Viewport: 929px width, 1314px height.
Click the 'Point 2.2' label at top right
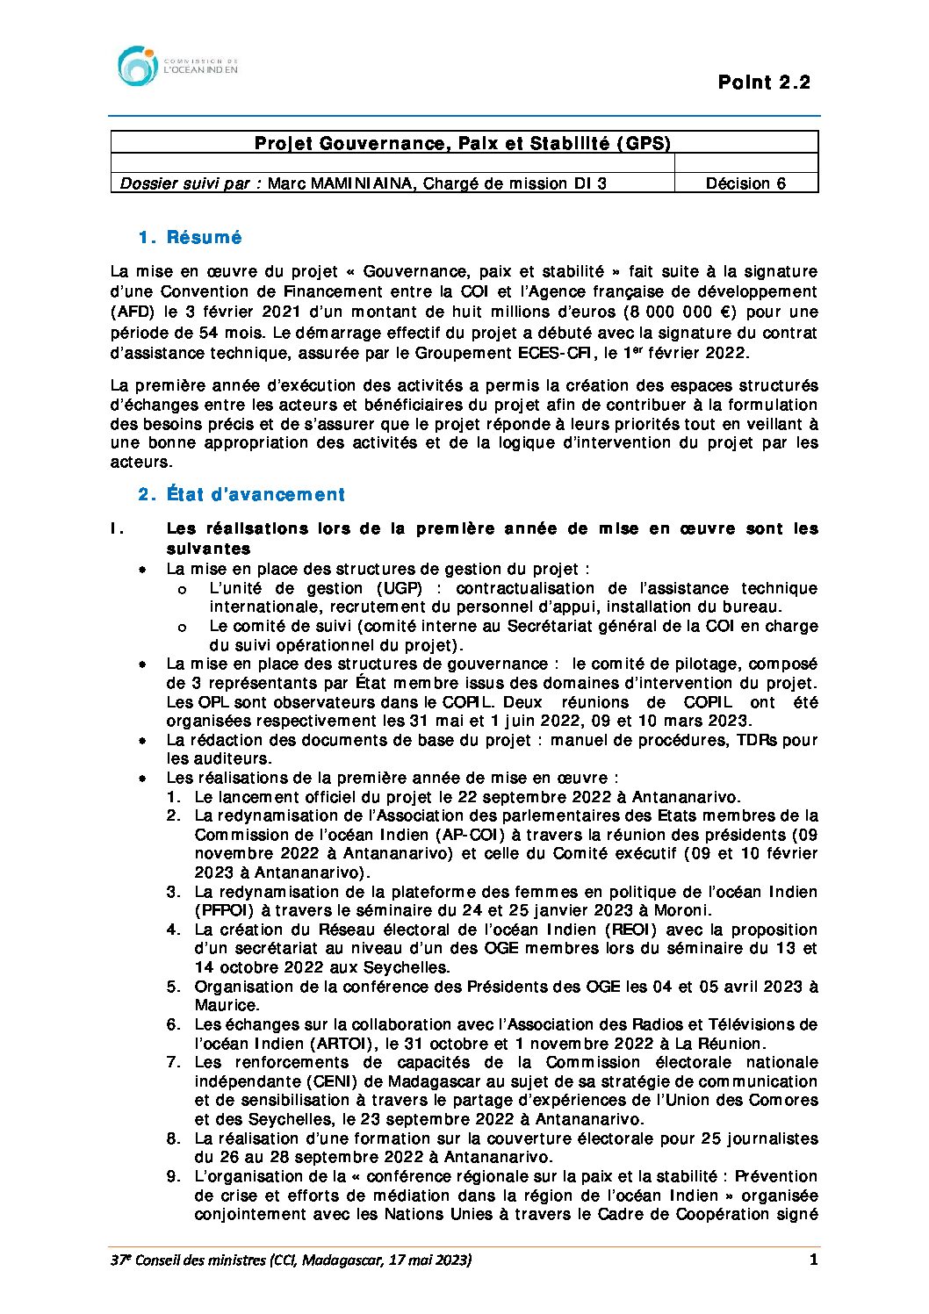pyautogui.click(x=763, y=83)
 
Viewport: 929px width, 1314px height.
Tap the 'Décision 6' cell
pyautogui.click(x=745, y=183)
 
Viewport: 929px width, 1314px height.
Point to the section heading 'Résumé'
pyautogui.click(x=204, y=238)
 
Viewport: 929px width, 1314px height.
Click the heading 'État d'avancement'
pyautogui.click(x=256, y=495)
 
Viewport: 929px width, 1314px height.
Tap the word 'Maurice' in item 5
pyautogui.click(x=226, y=1005)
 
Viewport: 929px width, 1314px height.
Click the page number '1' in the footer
pyautogui.click(x=813, y=1260)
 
